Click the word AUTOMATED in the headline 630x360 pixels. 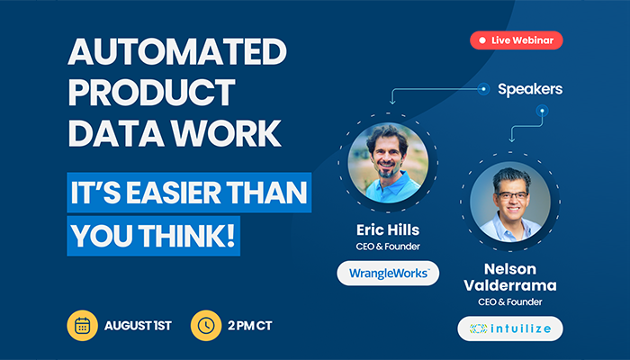tap(177, 51)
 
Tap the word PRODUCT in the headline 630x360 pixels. tap(151, 92)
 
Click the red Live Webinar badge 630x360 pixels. tap(517, 40)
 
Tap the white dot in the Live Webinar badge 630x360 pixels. tap(482, 40)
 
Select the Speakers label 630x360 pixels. tap(530, 89)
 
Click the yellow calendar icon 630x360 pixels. tap(83, 326)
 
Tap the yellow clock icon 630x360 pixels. tap(206, 326)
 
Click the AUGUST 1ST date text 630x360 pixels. tap(138, 326)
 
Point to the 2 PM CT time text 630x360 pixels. tap(250, 326)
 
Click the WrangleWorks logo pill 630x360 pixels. tap(388, 274)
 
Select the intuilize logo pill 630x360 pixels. tap(510, 328)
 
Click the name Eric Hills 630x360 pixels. tap(388, 229)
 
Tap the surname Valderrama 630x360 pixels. tap(510, 285)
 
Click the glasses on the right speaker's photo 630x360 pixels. tap(513, 196)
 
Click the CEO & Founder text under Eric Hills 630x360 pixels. tap(388, 247)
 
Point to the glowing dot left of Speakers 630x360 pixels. tap(484, 89)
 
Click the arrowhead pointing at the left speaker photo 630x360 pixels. tap(392, 101)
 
